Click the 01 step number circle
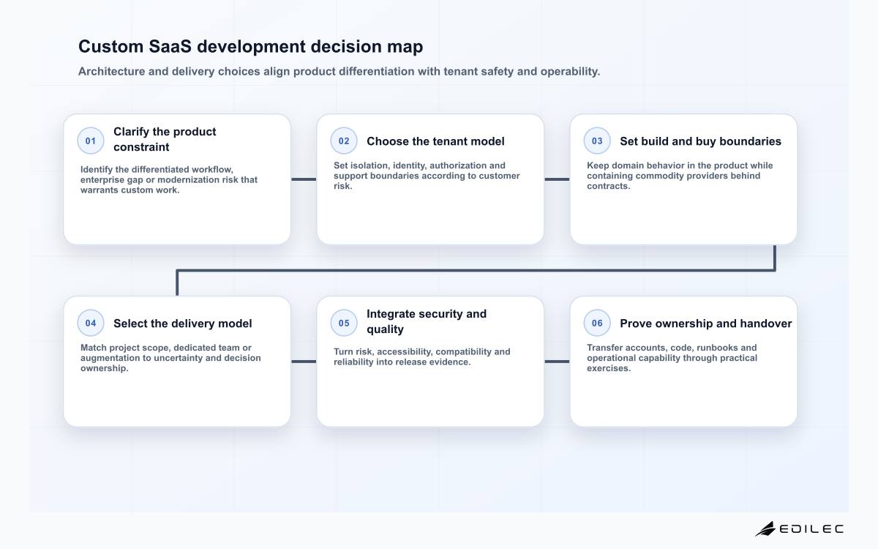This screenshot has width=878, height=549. (x=91, y=141)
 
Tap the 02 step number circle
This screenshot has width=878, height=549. (x=344, y=141)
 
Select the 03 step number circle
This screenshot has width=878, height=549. (x=597, y=141)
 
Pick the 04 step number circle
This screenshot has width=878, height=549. (x=91, y=323)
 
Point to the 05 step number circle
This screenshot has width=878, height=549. (x=344, y=323)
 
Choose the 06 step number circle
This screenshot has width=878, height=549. (x=597, y=323)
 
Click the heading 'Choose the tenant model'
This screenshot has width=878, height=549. (x=435, y=141)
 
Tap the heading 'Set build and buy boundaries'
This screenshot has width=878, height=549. (x=700, y=141)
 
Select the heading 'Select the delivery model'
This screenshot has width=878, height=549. (x=183, y=324)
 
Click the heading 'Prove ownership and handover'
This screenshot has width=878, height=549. (x=705, y=324)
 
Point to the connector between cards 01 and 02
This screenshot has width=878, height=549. (x=304, y=179)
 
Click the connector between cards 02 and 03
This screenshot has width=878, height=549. (x=557, y=179)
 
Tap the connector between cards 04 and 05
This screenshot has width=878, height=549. (x=304, y=362)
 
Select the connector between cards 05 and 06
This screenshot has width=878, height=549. (x=557, y=362)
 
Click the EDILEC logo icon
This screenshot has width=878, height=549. (x=765, y=529)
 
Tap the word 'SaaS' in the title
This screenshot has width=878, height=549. (x=170, y=47)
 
